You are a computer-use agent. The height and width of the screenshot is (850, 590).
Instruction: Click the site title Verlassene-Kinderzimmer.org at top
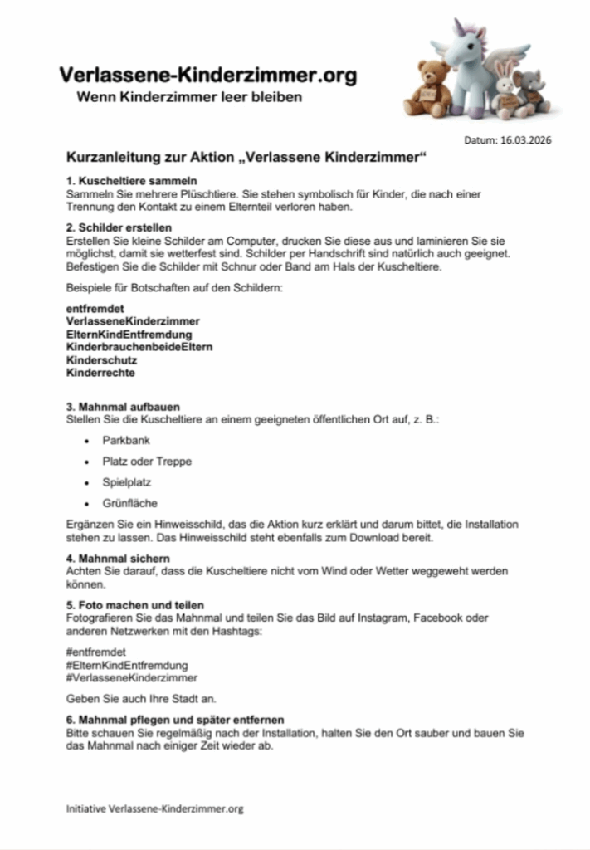click(x=208, y=76)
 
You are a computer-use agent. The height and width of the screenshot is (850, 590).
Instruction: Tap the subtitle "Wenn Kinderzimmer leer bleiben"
click(x=189, y=98)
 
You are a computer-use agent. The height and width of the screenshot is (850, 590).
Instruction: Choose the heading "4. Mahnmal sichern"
click(x=118, y=558)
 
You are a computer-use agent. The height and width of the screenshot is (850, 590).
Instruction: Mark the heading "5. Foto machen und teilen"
click(x=134, y=604)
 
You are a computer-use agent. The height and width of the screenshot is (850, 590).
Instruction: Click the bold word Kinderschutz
click(x=101, y=360)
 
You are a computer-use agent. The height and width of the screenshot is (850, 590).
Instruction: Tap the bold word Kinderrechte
click(x=101, y=374)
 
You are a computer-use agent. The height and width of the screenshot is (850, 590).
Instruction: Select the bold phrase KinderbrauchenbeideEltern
click(x=139, y=347)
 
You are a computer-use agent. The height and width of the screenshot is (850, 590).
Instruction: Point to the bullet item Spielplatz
click(x=127, y=482)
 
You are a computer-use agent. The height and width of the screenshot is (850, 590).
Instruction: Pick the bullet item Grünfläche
click(x=129, y=503)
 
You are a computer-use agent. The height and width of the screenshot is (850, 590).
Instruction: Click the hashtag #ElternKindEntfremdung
click(x=126, y=665)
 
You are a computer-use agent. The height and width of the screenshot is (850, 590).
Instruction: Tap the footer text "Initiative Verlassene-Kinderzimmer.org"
click(x=154, y=808)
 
